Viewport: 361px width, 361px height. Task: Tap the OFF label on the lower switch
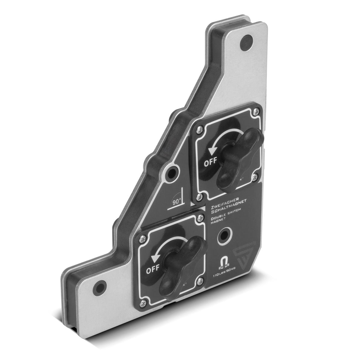tap(153, 270)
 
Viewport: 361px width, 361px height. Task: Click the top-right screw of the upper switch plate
tap(256, 112)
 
